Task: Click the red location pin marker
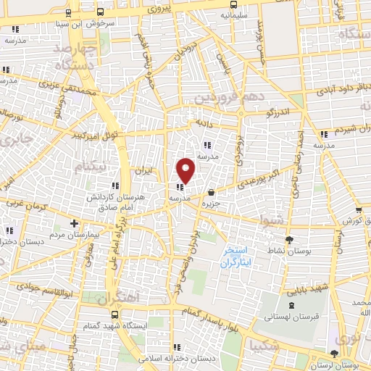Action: pos(186,170)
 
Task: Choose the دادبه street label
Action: pos(201,123)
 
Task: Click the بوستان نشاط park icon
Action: pos(290,240)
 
